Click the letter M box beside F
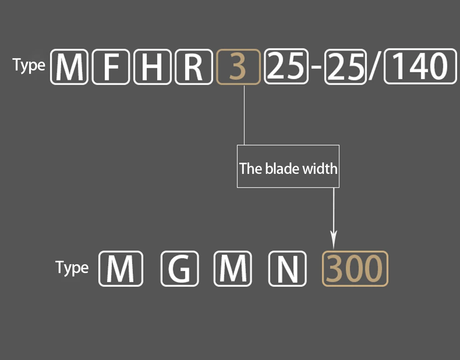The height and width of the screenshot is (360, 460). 69,67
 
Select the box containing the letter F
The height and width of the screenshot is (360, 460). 111,67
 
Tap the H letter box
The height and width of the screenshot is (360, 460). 152,67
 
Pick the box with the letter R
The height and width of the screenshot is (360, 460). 194,67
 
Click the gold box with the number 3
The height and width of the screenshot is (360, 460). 238,67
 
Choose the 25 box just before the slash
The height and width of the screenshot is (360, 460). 345,67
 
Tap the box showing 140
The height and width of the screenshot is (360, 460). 420,67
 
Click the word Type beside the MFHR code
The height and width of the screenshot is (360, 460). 29,65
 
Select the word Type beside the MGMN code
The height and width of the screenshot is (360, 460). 72,267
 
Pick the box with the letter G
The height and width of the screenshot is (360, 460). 179,268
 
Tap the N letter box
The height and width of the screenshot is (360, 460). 287,268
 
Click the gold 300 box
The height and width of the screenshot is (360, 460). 355,268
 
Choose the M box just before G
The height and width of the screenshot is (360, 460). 121,268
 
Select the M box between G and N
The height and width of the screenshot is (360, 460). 233,268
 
